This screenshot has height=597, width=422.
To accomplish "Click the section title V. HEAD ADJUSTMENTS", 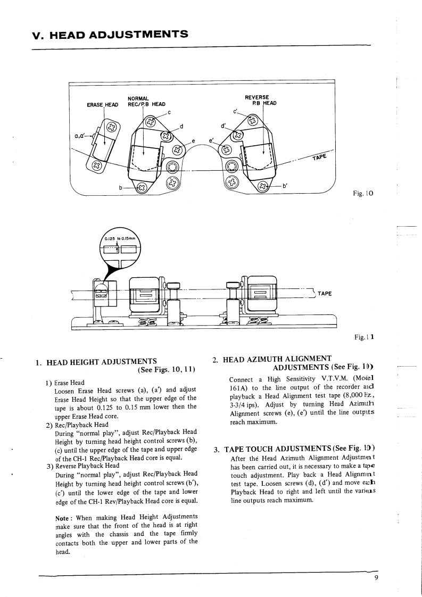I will tap(110, 35).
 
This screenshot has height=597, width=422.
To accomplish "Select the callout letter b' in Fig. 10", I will tap(285, 186).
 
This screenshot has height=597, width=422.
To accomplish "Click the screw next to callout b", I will tap(142, 187).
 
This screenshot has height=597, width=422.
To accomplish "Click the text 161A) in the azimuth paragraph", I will tap(239, 388).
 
